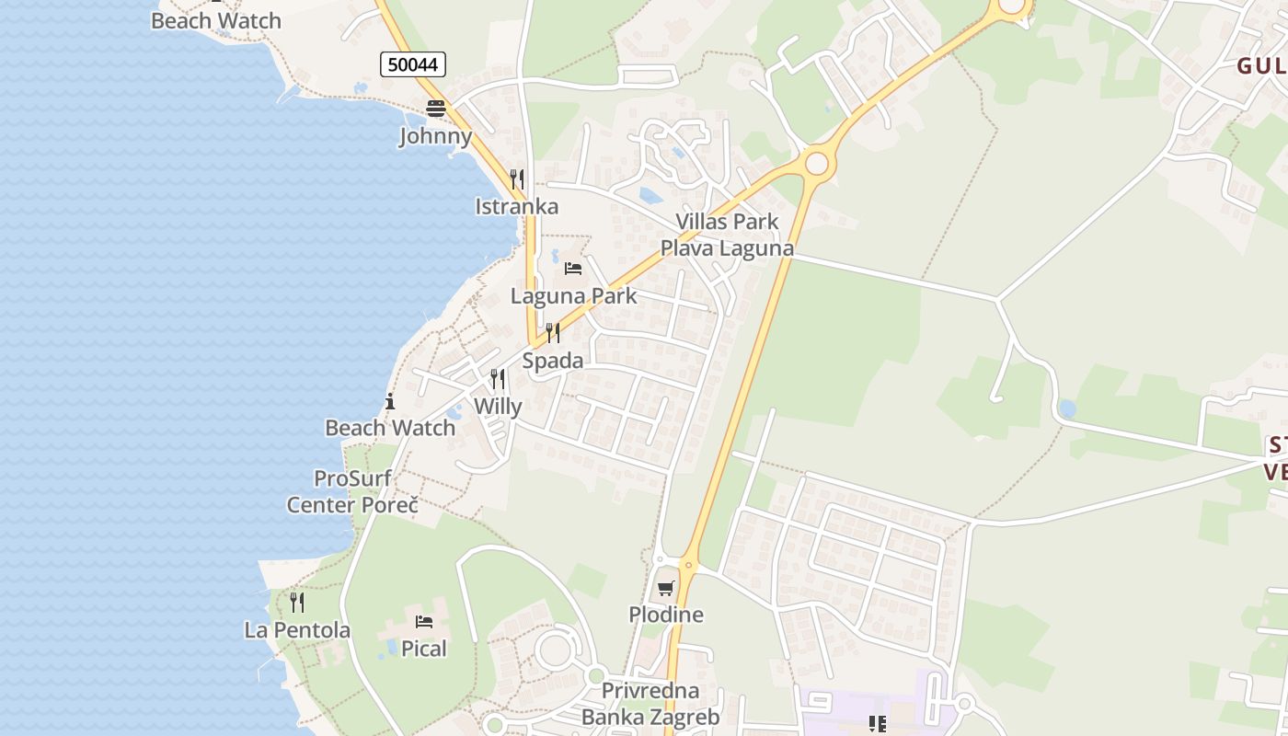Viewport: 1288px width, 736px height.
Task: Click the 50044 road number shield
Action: click(413, 64)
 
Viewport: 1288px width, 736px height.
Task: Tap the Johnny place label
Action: click(435, 137)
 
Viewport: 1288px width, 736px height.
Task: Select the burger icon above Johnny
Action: click(435, 109)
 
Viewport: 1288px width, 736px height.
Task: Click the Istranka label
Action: click(517, 206)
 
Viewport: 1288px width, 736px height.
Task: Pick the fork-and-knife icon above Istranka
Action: click(517, 178)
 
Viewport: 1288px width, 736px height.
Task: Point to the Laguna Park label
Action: click(573, 296)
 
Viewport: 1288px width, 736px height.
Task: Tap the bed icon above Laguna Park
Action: click(573, 269)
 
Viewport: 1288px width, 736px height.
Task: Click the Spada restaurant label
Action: click(553, 361)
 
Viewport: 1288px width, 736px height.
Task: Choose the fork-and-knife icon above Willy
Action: click(498, 378)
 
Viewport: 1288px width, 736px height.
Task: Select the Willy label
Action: click(498, 407)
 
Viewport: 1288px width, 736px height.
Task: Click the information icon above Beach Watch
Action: click(390, 401)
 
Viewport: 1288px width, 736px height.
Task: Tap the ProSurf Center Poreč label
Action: click(352, 492)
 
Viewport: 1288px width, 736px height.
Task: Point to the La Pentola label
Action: click(297, 630)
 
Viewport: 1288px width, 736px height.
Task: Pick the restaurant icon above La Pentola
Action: click(297, 603)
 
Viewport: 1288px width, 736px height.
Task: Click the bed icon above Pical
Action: click(424, 622)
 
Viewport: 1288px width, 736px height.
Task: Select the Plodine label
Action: click(666, 615)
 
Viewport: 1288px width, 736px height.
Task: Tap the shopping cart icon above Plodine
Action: click(666, 588)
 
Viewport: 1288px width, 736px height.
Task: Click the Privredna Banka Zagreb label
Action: click(650, 704)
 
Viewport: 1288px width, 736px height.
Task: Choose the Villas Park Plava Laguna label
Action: click(727, 235)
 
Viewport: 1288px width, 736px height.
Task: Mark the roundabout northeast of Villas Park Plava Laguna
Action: click(816, 164)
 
